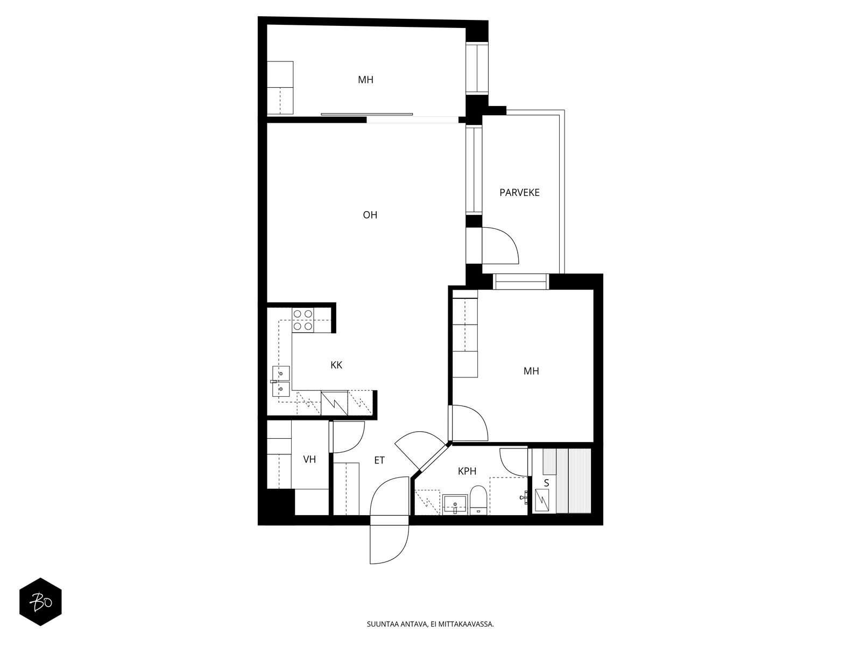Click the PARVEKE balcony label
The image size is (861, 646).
coord(519,192)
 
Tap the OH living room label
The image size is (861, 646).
coord(370,215)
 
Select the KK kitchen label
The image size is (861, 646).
coord(336,365)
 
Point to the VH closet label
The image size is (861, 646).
coord(309,459)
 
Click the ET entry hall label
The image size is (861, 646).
coord(379,460)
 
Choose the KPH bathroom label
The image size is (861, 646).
coord(467,471)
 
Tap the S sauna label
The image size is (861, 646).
coord(546,483)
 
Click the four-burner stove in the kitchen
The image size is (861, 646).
coord(303,320)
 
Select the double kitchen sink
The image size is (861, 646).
coord(281,381)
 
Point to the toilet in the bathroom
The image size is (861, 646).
coord(478,500)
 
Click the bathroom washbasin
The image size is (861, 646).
coord(455,504)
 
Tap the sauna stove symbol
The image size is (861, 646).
coord(542,501)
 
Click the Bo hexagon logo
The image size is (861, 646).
coord(40,601)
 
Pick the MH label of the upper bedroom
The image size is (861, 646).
coord(365,80)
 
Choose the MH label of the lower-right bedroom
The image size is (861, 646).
coord(531,371)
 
